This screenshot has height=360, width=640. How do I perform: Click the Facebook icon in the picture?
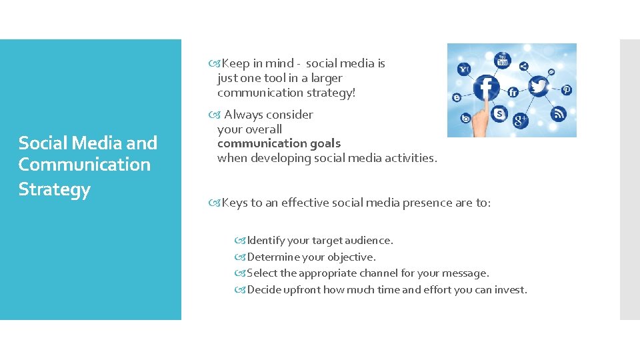(487, 87)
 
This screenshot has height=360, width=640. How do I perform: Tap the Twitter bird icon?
(538, 86)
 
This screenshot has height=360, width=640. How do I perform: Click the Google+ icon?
(520, 120)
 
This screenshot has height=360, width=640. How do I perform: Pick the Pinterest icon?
(566, 90)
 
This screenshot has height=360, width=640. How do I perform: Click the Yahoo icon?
(464, 69)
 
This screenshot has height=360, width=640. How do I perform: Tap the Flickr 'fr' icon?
(513, 93)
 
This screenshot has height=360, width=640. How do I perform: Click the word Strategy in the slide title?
(54, 189)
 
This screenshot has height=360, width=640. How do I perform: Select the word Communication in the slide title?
(84, 165)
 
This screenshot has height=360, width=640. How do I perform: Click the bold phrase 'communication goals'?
(279, 143)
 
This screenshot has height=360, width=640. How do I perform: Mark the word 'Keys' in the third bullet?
(234, 203)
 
